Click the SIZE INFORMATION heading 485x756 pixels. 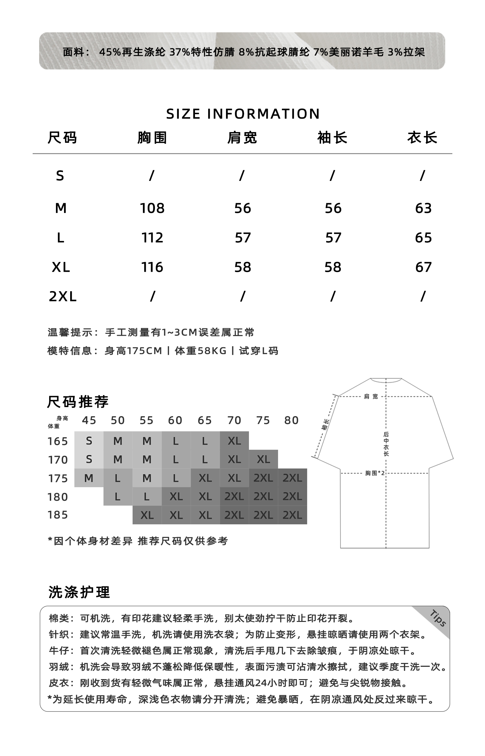tap(243, 114)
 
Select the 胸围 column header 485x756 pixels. tap(152, 138)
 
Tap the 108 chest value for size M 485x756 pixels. tap(152, 208)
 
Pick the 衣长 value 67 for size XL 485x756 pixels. tap(423, 267)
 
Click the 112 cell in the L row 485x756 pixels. tap(152, 238)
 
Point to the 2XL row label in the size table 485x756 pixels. tap(63, 297)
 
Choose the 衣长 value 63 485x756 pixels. tap(423, 208)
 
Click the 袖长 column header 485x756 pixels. tap(332, 138)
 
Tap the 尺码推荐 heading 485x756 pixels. tap(78, 402)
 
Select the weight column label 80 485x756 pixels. tap(292, 420)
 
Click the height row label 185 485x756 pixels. tap(58, 515)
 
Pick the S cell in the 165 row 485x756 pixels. tap(89, 441)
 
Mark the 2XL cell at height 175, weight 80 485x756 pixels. tap(292, 478)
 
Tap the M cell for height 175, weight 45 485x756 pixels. tap(89, 478)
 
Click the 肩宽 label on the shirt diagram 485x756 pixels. tap(371, 396)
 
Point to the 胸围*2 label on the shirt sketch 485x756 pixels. tap(375, 473)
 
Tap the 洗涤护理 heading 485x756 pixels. tap(79, 592)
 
